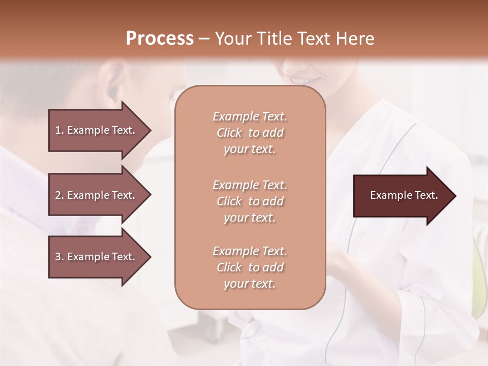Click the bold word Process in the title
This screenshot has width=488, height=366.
(160, 38)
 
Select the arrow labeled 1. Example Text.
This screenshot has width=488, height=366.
(97, 130)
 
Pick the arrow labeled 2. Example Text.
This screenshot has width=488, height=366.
(97, 195)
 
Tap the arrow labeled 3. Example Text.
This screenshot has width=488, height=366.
(97, 257)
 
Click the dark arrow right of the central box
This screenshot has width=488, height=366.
(402, 196)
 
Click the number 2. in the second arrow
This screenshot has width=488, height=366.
(59, 195)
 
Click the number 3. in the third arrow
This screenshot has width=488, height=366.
(59, 257)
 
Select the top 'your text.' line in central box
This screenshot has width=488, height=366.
(250, 149)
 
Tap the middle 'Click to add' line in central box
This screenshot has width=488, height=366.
(250, 201)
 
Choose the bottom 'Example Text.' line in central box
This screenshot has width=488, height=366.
(250, 251)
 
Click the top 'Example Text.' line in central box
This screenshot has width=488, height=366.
(250, 116)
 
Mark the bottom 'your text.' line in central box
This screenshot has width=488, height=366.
(250, 284)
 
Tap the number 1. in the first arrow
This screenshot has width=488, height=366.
(59, 130)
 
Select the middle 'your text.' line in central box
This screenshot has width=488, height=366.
(250, 218)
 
